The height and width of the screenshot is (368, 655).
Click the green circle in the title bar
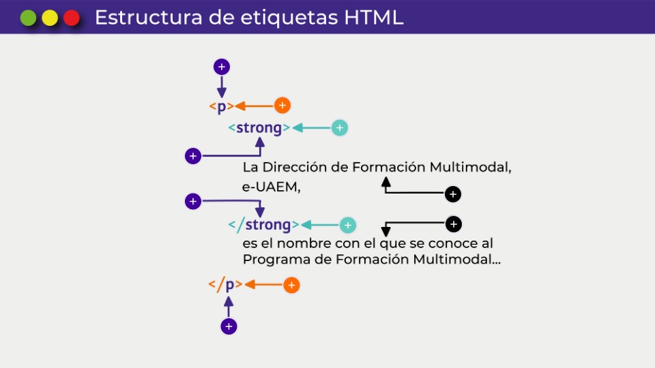28,18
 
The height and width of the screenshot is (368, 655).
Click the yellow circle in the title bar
50,18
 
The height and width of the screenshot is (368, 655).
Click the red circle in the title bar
72,18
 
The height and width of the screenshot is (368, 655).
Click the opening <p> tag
221,106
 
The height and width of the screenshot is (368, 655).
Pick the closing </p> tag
225,285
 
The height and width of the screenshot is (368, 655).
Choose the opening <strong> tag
259,128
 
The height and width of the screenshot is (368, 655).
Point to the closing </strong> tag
263,225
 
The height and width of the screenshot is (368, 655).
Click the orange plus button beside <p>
282,106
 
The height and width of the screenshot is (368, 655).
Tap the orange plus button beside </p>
291,285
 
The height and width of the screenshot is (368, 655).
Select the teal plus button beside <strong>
340,127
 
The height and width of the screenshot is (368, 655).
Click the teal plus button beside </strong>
348,225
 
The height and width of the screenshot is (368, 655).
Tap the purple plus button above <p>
221,67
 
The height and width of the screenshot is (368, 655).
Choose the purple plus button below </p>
229,326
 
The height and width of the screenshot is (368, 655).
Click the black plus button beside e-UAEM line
452,194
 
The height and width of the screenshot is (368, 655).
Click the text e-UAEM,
272,188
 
